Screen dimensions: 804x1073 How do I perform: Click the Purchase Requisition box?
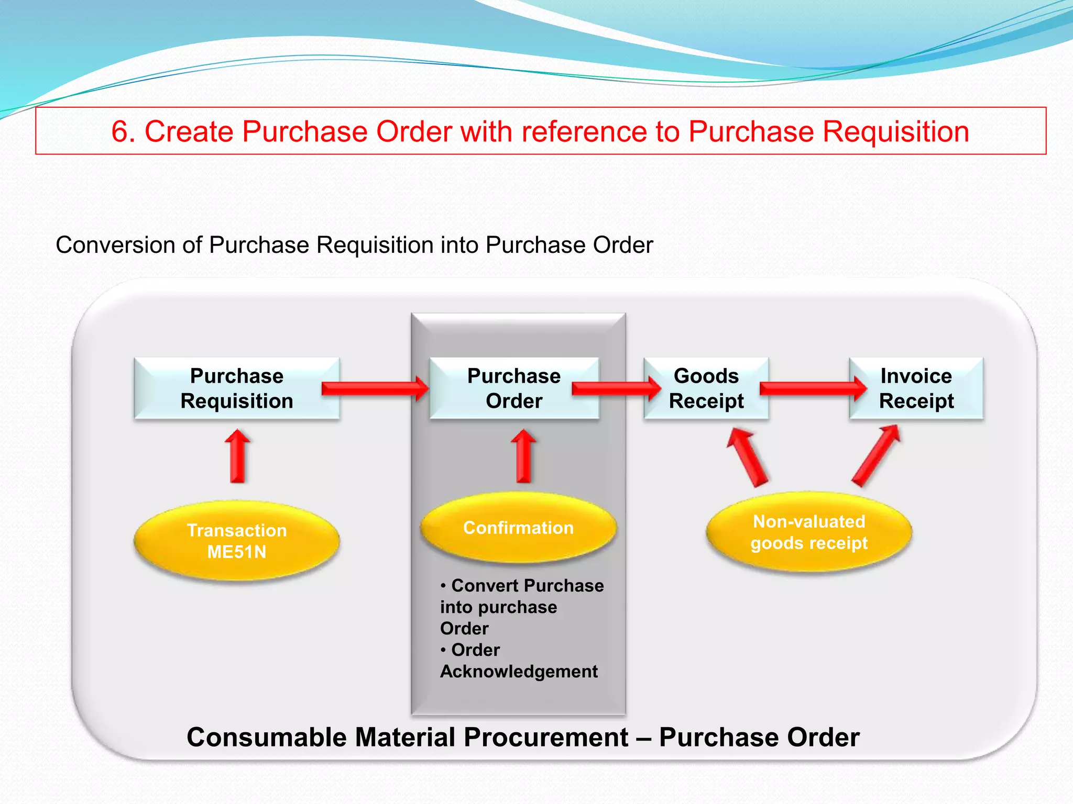(236, 388)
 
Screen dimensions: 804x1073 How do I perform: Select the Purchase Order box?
(514, 388)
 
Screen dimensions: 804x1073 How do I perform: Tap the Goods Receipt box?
(706, 388)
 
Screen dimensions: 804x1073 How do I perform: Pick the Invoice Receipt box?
(916, 388)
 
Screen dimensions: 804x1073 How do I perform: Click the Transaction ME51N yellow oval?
(237, 541)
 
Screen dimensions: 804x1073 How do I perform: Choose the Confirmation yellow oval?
(518, 528)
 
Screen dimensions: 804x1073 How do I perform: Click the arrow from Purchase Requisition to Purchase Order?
(374, 388)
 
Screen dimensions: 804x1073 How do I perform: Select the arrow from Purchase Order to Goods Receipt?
(615, 388)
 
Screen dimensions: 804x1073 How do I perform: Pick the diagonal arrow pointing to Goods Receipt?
(748, 456)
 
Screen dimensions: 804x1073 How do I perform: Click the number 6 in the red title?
(120, 131)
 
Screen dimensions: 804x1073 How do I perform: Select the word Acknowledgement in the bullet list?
(519, 672)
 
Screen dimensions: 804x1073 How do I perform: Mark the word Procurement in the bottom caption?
(545, 738)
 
